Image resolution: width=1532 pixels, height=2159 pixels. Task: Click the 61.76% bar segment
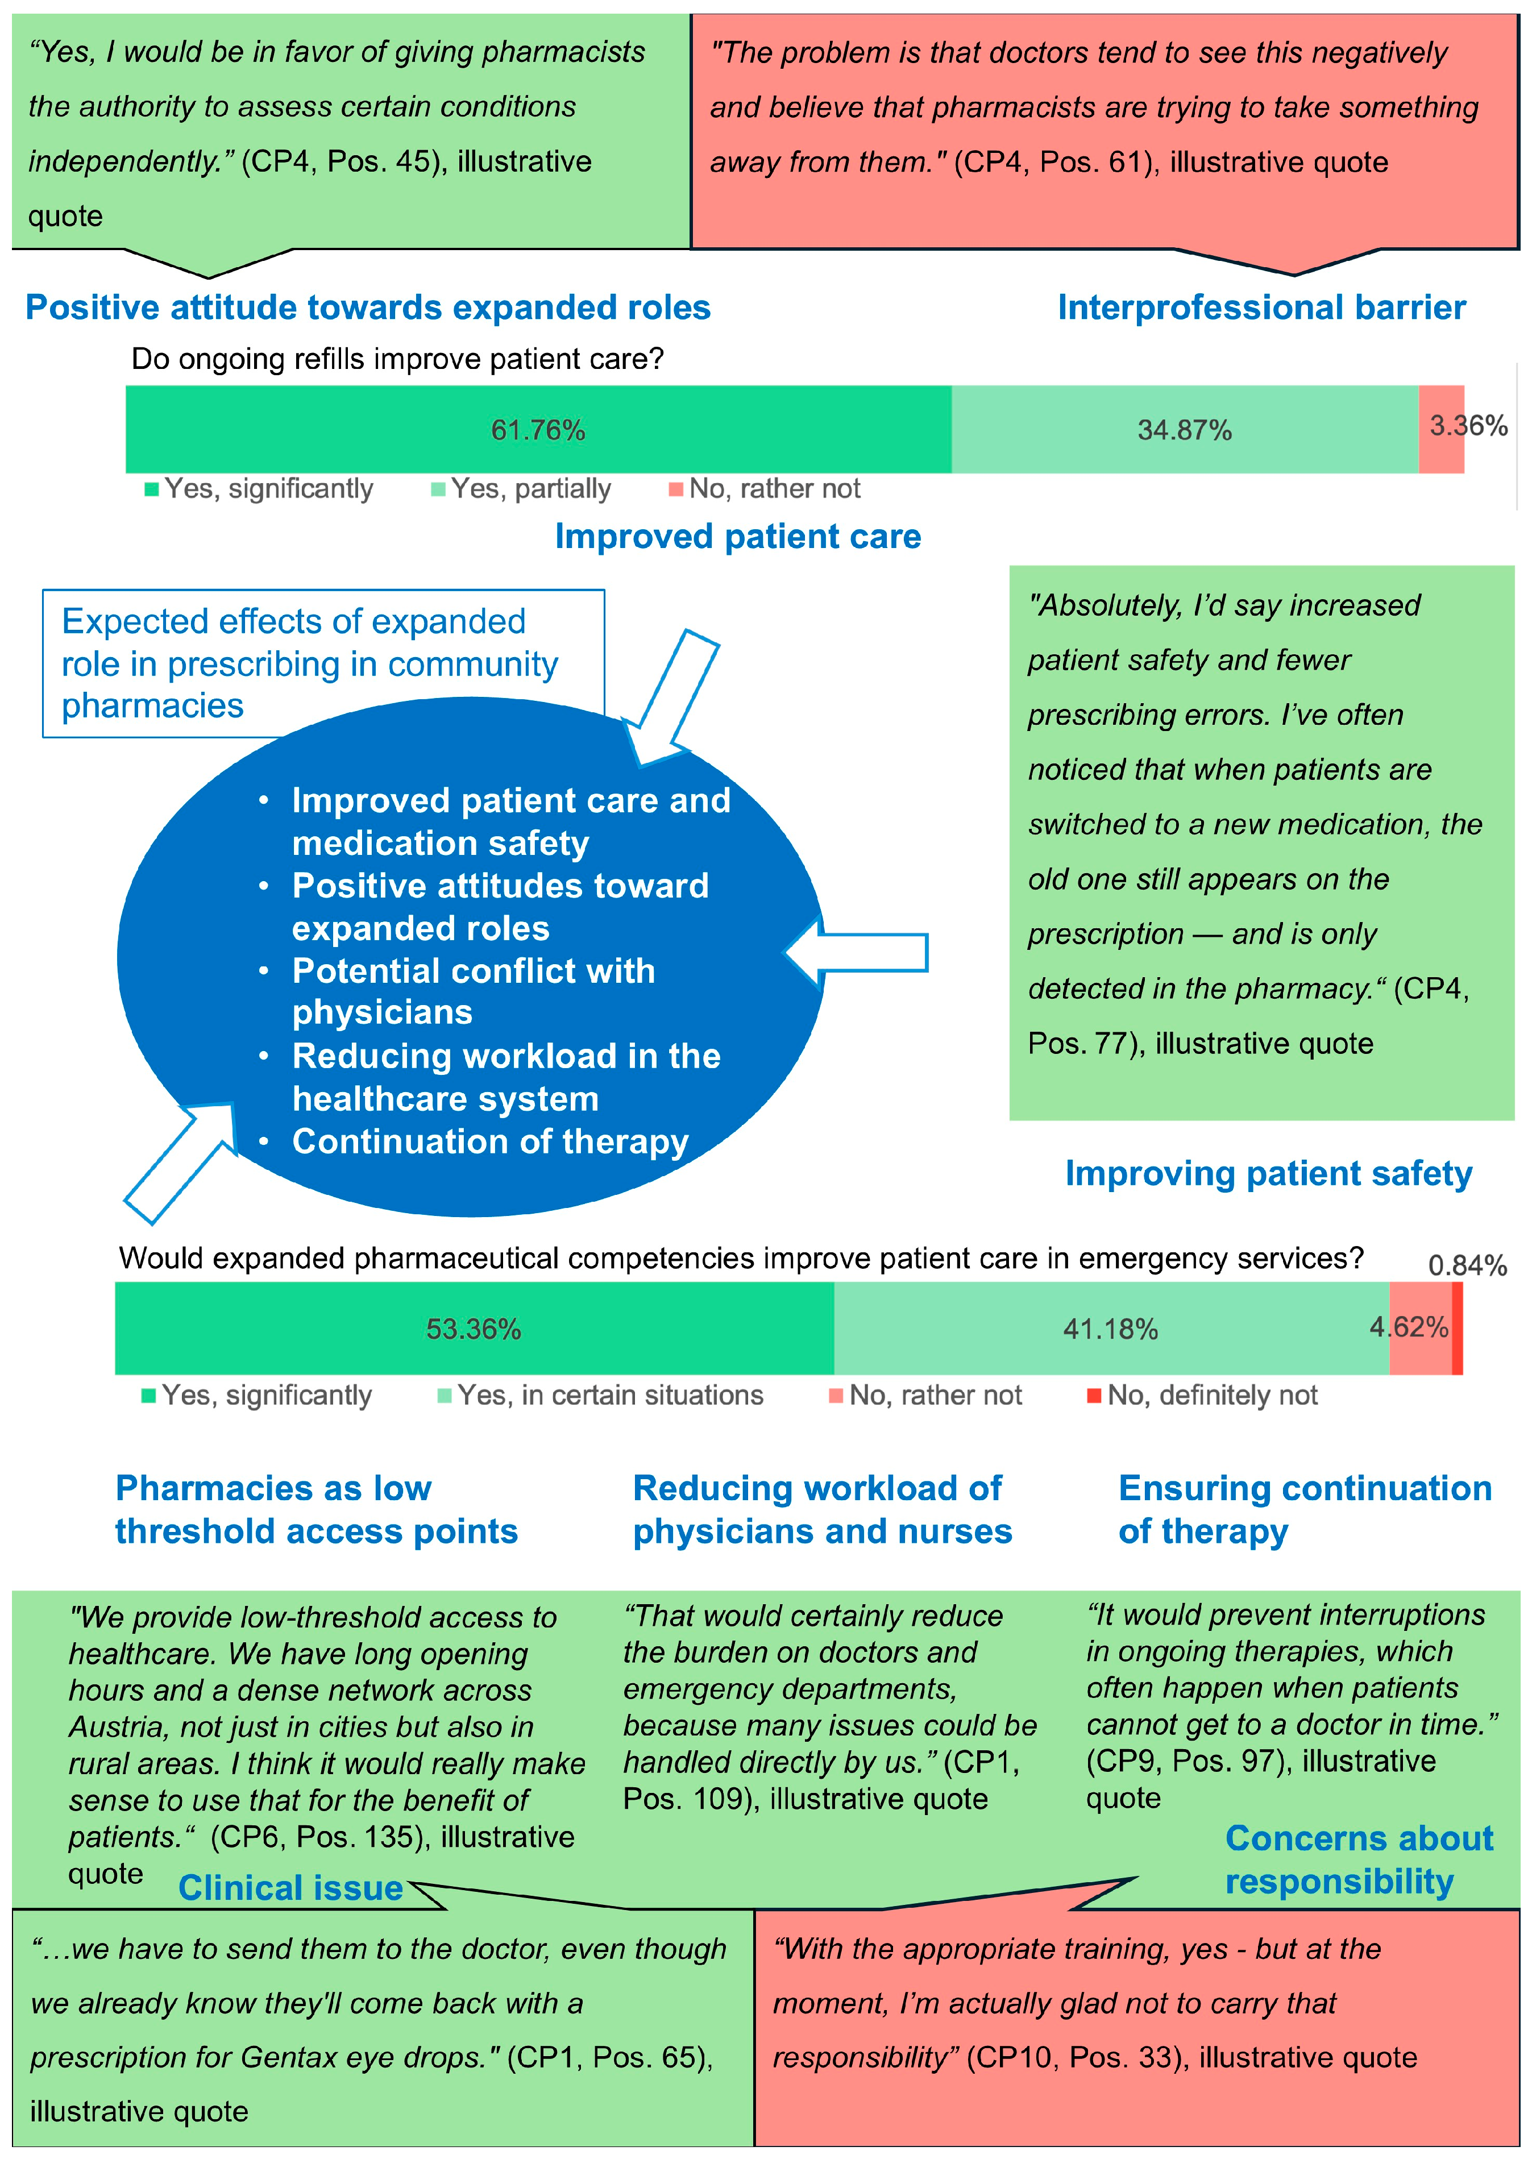(538, 430)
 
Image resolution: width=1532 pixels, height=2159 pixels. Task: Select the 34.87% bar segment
(1184, 430)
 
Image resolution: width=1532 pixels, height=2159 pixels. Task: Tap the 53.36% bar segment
(474, 1329)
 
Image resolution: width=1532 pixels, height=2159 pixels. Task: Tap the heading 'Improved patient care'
(738, 537)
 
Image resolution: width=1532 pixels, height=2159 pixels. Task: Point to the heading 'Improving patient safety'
(1268, 1173)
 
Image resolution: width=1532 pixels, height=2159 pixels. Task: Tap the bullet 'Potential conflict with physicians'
(474, 991)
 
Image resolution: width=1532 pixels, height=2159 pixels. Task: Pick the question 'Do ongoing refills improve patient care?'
(397, 359)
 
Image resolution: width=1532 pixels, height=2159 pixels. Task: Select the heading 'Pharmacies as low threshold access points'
(316, 1509)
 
